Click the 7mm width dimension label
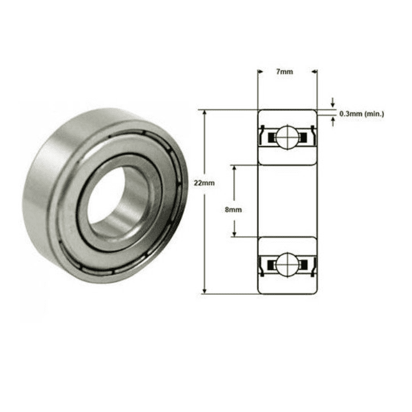click(x=284, y=72)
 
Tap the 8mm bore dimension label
click(x=233, y=209)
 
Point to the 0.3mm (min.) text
click(x=362, y=114)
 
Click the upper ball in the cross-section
click(x=286, y=137)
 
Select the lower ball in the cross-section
click(x=286, y=264)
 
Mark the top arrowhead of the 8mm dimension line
click(x=234, y=169)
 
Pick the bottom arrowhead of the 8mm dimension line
click(x=234, y=233)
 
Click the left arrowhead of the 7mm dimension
click(x=260, y=72)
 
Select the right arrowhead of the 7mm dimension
click(x=312, y=72)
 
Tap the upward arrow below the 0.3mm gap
click(x=333, y=121)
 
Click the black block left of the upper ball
click(x=269, y=137)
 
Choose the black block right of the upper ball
click(x=303, y=137)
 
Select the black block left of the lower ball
click(x=269, y=264)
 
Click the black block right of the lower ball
click(x=303, y=264)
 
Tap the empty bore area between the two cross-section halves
click(x=286, y=200)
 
